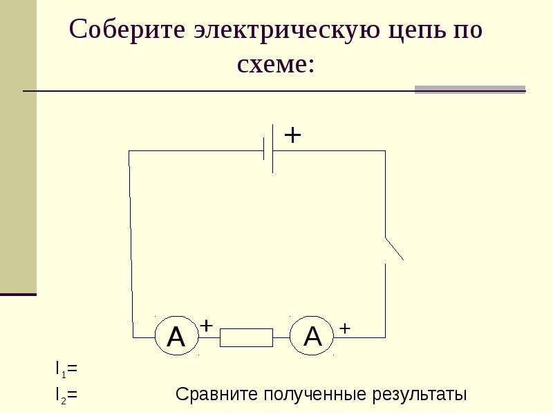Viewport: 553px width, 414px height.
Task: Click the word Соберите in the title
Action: point(127,29)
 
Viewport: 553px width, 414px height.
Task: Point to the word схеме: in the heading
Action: point(275,65)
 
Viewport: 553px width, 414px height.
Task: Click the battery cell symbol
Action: point(268,149)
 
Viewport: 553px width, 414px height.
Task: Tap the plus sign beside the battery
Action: point(292,135)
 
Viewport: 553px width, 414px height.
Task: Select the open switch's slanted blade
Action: point(394,249)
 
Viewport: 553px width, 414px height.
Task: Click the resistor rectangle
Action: point(246,337)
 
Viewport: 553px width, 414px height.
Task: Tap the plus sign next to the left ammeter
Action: point(206,326)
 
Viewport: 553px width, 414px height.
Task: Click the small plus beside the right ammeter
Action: point(344,328)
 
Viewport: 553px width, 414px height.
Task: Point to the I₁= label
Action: point(66,369)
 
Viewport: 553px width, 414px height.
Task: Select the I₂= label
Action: point(66,395)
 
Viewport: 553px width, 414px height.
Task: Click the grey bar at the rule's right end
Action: point(470,90)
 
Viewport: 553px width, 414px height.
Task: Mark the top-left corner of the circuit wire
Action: point(129,151)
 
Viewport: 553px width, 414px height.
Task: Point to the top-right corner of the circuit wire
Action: point(385,150)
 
